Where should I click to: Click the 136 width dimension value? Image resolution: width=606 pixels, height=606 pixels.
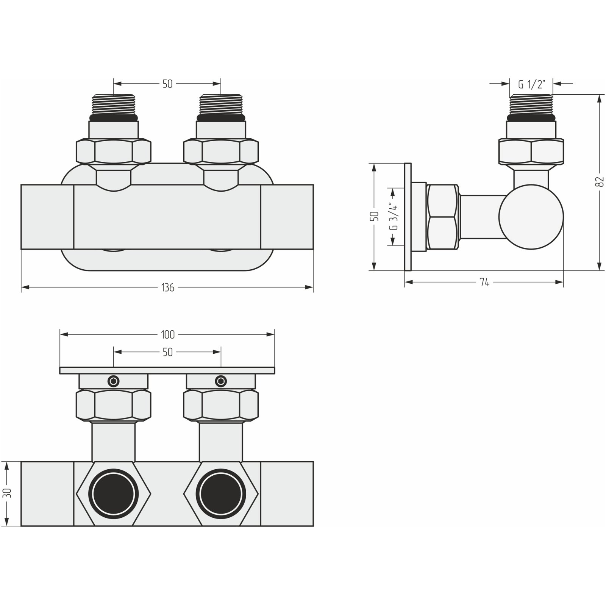click(167, 288)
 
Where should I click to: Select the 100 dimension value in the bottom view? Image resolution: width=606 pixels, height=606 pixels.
click(167, 334)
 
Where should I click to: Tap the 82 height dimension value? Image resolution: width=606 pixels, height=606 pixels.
click(599, 183)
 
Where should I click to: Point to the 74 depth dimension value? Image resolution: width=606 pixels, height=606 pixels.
click(484, 282)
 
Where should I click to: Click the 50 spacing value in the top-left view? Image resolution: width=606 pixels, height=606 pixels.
click(167, 84)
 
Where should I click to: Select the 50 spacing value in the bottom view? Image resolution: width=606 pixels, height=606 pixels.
click(167, 352)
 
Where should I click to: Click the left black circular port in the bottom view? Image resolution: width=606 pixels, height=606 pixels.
click(114, 494)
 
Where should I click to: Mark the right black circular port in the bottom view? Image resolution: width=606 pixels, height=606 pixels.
click(221, 494)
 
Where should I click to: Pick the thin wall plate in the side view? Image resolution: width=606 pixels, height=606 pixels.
click(408, 217)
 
